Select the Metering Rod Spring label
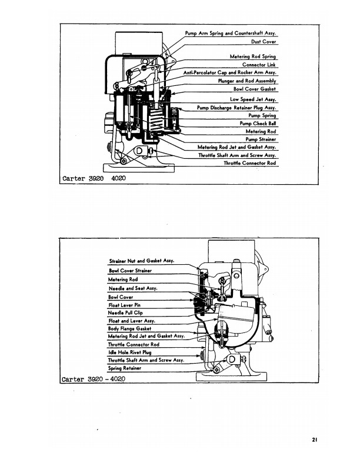(253, 56)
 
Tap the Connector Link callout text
(259, 65)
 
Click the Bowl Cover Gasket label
(255, 89)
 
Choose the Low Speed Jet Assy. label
(253, 99)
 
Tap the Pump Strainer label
(261, 139)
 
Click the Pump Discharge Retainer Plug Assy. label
(236, 108)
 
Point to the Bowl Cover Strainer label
(130, 271)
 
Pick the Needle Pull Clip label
(125, 313)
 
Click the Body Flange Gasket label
(130, 328)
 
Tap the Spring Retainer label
(124, 368)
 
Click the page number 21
(315, 438)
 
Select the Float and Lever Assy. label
(130, 321)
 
